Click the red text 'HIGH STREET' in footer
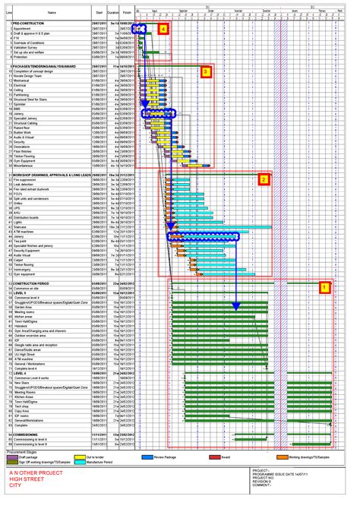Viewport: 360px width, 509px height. point(24,496)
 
